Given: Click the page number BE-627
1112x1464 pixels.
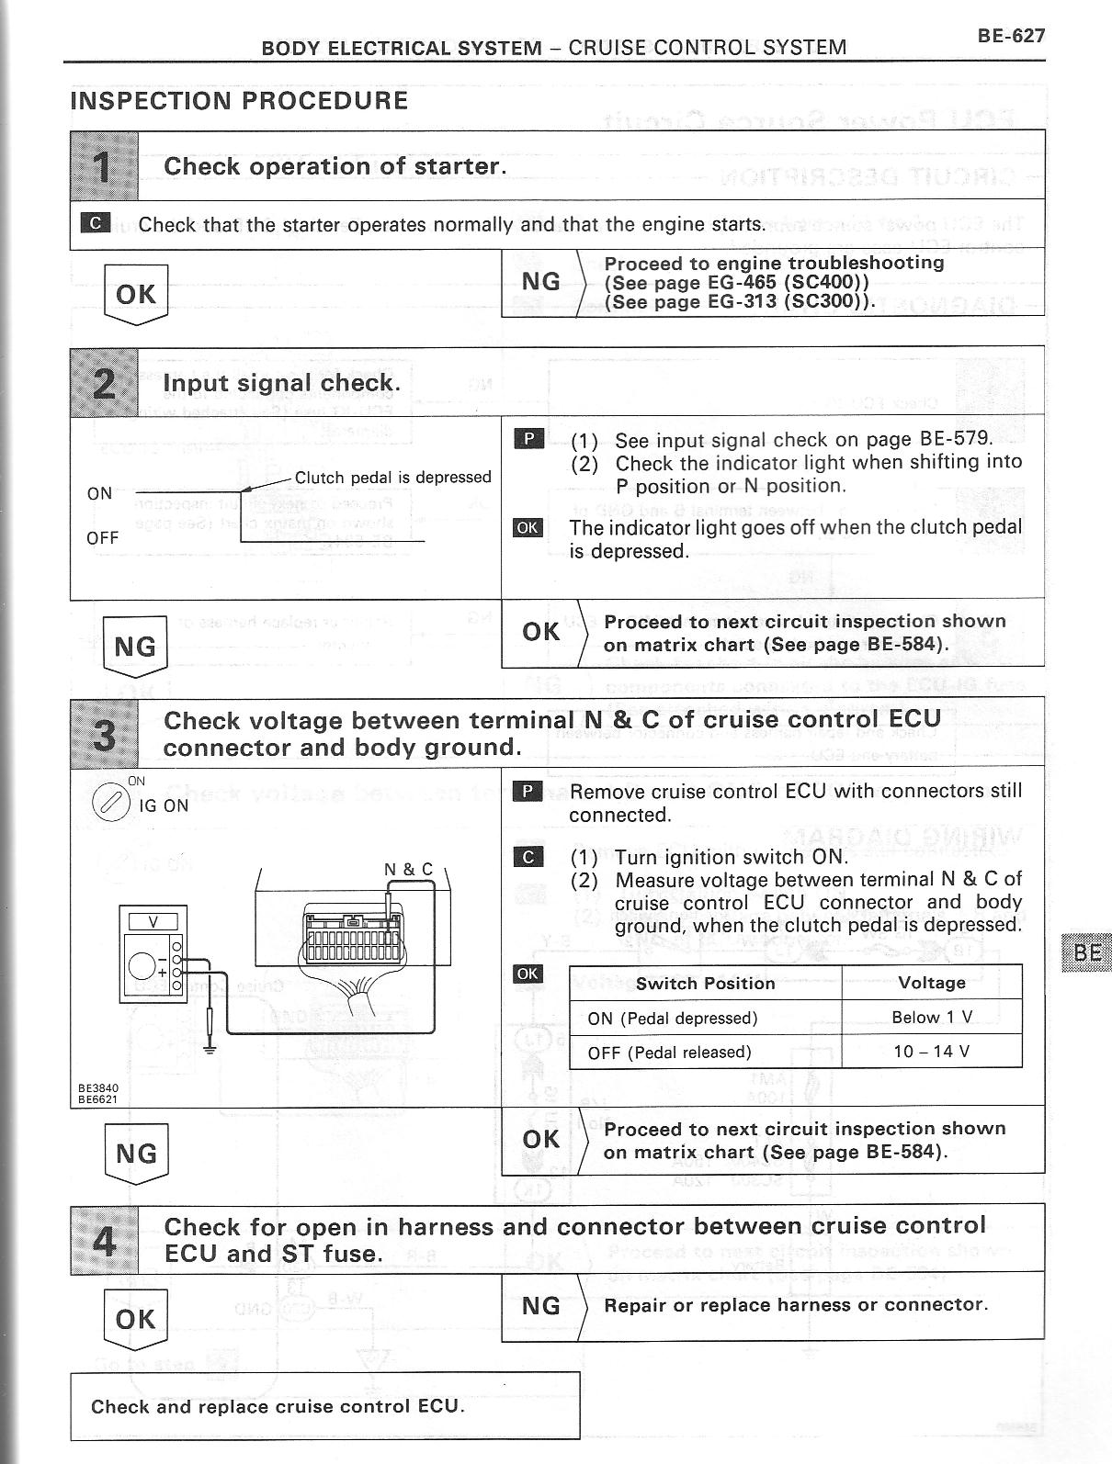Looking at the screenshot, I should coord(1011,36).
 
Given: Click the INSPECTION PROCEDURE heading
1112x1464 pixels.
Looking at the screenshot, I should coord(239,101).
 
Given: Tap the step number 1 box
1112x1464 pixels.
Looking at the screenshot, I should coord(105,166).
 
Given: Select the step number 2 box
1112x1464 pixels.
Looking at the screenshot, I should coord(105,382).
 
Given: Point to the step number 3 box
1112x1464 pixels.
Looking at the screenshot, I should coord(105,733).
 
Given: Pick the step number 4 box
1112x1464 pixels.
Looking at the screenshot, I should coord(105,1239).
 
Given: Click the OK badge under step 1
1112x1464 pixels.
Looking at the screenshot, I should coord(136,294).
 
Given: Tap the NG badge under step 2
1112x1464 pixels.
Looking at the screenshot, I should coord(136,646).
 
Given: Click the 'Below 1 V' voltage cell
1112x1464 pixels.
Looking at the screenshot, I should coord(931,1018).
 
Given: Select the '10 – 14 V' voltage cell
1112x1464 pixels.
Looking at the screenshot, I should coord(931,1052).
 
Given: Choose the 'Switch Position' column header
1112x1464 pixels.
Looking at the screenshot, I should coord(705,984).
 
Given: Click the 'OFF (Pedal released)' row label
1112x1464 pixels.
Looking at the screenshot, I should coord(669,1053).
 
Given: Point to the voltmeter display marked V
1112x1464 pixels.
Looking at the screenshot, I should coord(153,921).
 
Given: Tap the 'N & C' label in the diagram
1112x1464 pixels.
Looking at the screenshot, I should coord(408,869).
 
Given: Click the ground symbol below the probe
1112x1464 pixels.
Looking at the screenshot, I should coord(211,1047).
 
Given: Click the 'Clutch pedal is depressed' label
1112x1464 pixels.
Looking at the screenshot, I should coord(392,478).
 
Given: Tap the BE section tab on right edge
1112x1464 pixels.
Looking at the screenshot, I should coord(1086,952).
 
